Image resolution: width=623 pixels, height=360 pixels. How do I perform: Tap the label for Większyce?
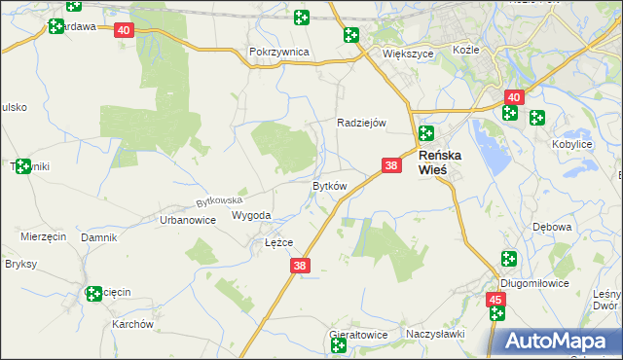coord(407,54)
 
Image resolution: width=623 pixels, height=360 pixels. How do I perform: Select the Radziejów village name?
coord(362,123)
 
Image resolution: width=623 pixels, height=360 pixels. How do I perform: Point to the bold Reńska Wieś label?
coord(446,162)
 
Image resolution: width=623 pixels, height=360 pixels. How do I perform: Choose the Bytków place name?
coord(329,185)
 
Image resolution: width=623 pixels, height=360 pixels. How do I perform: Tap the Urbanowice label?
coord(187,221)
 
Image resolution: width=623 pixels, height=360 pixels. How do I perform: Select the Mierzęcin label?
coord(43,236)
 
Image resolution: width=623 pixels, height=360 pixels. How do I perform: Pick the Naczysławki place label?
coord(435,334)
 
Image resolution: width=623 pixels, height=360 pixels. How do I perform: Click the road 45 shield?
coord(496,300)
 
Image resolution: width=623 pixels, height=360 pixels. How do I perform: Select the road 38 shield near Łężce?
coord(299,265)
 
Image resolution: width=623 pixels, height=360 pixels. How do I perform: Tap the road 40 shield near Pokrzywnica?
coord(124,31)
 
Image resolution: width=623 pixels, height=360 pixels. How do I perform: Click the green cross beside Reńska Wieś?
coord(425,133)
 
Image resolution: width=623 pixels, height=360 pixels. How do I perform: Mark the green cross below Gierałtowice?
coord(339,346)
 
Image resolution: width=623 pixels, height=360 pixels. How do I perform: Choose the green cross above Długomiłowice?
coord(508,259)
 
